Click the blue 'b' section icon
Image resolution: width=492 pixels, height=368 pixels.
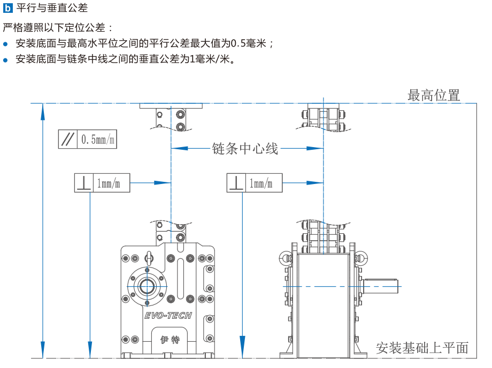[7, 8]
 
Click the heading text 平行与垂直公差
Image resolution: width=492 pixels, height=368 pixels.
[52, 8]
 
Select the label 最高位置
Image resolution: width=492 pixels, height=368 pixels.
[434, 96]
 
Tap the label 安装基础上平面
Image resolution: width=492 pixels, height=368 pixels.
[422, 348]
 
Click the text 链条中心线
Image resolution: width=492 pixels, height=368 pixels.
[245, 148]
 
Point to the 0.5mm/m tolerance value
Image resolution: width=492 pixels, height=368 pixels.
[97, 140]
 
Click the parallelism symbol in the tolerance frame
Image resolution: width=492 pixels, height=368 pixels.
[68, 140]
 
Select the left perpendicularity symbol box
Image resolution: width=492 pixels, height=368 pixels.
[83, 183]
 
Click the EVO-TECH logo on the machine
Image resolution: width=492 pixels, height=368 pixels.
[168, 316]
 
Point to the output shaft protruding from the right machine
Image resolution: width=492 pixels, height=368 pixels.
[381, 286]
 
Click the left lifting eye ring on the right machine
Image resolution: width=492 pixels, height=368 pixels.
[284, 258]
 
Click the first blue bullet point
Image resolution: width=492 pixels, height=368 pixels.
[6, 44]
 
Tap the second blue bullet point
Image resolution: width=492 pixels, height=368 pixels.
[6, 59]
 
